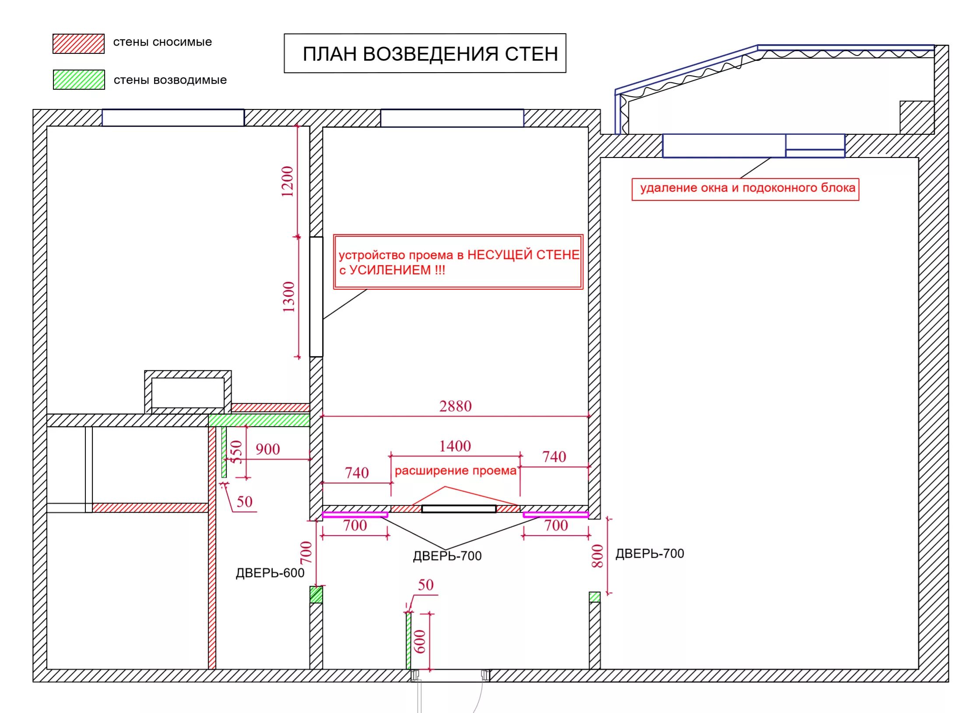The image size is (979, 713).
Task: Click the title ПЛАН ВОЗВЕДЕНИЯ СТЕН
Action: coord(430,54)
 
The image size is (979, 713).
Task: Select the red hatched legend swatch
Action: coord(78,44)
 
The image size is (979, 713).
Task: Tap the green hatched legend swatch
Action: coord(79,80)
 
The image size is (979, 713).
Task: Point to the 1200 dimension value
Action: coord(287,181)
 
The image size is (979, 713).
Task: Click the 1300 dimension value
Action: coord(288,297)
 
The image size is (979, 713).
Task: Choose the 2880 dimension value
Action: coord(455,406)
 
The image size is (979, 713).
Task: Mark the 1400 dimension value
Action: coord(455,446)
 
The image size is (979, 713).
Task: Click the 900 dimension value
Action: coord(267,449)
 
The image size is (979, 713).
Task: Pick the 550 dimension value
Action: coord(236,452)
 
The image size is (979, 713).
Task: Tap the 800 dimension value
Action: coord(597,556)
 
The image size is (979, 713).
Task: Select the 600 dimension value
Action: coord(419,641)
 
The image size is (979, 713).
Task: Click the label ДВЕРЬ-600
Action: coord(270,573)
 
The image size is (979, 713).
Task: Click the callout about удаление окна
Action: coord(745,189)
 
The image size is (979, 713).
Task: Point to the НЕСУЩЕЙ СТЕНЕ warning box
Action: coord(458,262)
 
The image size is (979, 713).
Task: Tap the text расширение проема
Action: coord(455,471)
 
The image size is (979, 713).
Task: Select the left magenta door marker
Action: coord(355,515)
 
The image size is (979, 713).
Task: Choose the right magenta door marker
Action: coord(556,515)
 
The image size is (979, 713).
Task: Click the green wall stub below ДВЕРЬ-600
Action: coord(316,594)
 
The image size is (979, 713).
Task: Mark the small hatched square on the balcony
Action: coord(917,117)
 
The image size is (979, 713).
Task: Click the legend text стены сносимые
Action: coord(162,42)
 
